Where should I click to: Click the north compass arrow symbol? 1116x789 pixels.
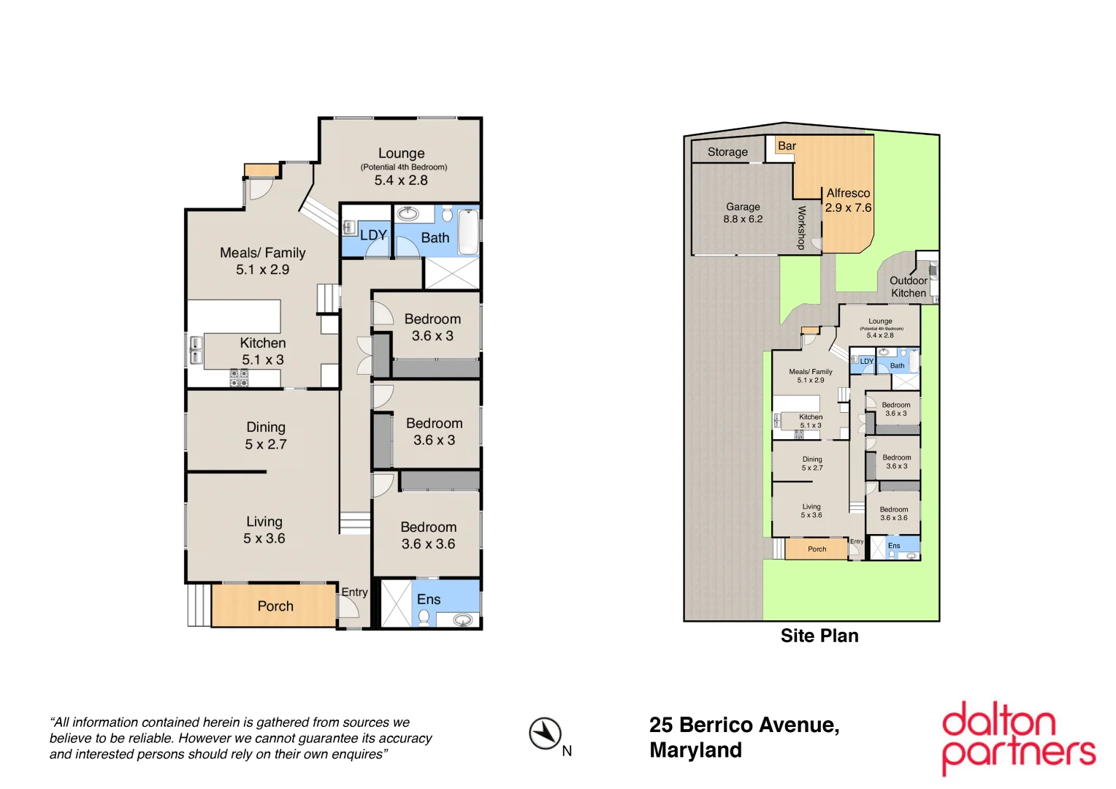point(545,733)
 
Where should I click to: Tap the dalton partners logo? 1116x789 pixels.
point(1018,738)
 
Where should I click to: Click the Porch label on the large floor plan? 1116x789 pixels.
point(275,606)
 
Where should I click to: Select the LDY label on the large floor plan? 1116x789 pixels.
point(373,235)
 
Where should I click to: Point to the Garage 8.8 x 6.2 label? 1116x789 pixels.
point(743,213)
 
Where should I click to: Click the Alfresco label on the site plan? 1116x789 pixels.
point(848,194)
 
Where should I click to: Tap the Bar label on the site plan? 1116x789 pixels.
point(787,146)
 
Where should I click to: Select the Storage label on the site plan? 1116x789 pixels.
point(727,152)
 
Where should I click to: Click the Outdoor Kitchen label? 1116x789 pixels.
point(908,286)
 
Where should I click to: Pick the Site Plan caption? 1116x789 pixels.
point(819,636)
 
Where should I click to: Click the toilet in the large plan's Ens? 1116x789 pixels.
point(424,617)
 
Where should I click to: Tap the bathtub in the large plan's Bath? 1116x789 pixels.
point(468,230)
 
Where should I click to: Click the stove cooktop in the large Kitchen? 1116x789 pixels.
point(239,378)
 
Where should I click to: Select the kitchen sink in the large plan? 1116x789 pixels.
point(196,350)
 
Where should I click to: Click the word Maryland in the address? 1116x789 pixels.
point(695,750)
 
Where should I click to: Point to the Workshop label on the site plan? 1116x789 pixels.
point(801,227)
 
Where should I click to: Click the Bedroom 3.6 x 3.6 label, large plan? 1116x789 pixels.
point(428,535)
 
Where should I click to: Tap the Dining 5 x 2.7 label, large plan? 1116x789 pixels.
point(266,435)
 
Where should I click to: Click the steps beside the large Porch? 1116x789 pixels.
point(199,605)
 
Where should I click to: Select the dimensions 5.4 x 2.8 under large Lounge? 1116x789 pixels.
point(401,180)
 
